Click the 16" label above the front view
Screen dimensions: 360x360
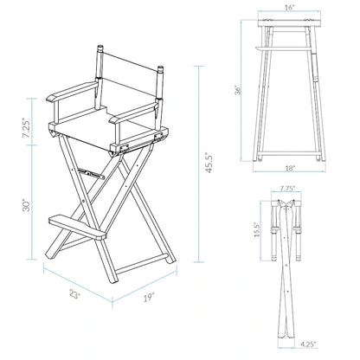[288, 8]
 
